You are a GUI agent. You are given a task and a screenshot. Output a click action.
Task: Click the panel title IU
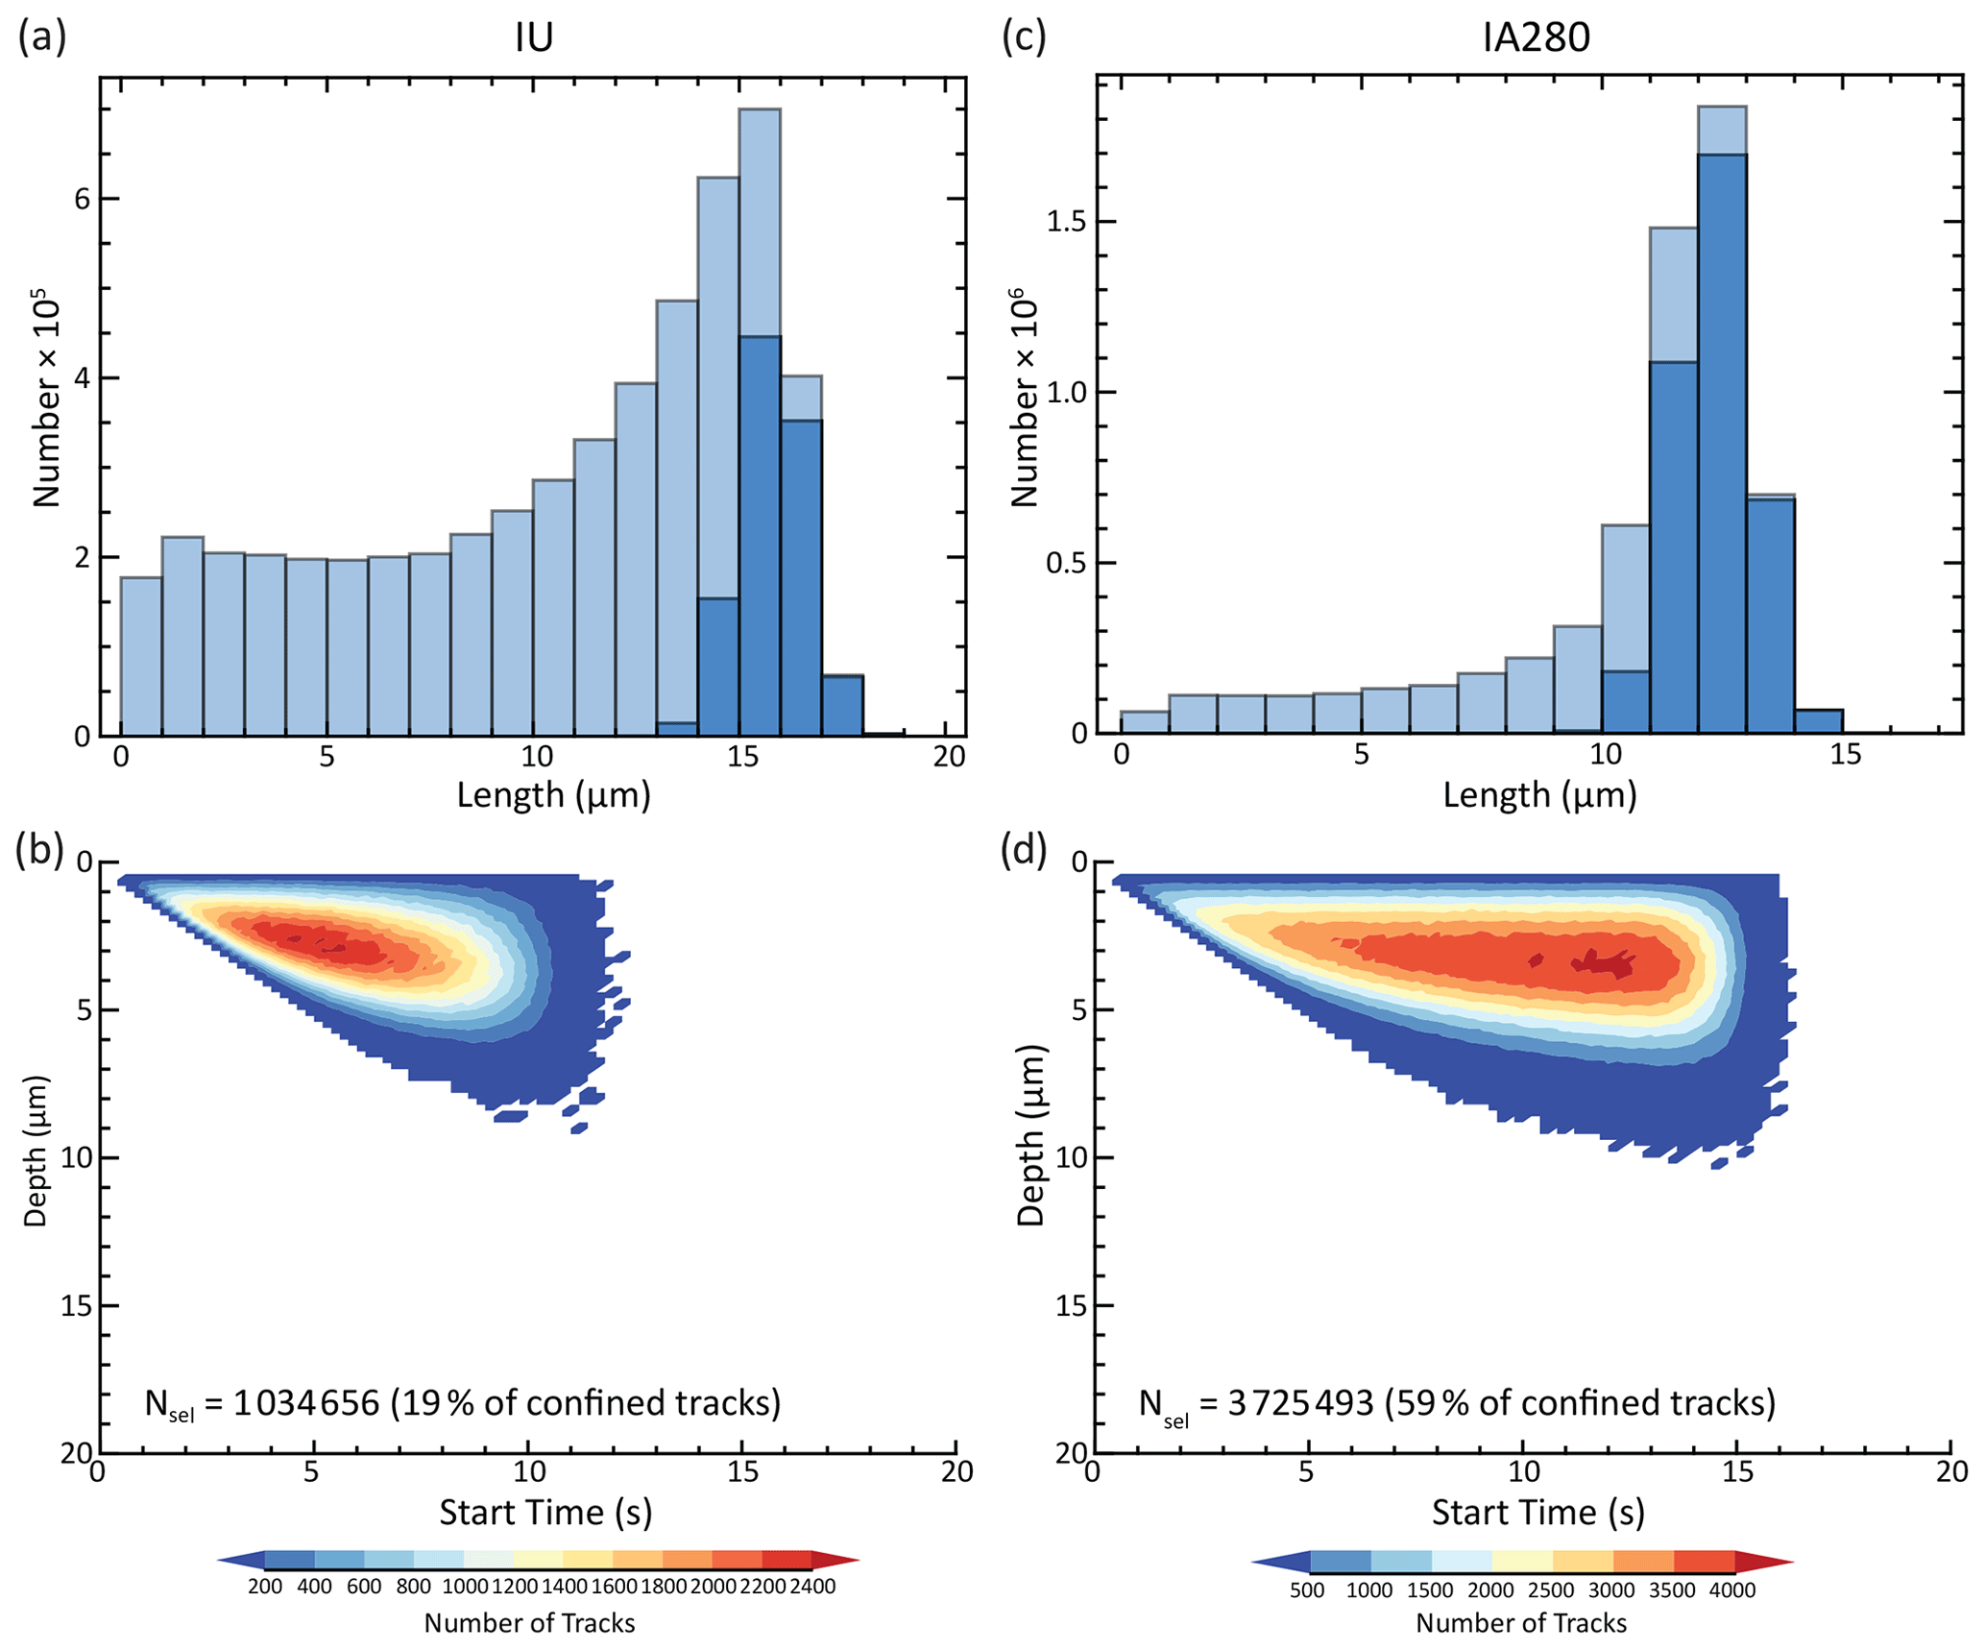[x=534, y=37]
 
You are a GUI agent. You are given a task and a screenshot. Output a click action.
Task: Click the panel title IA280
[x=1537, y=37]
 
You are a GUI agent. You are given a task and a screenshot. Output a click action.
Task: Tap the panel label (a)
[x=42, y=36]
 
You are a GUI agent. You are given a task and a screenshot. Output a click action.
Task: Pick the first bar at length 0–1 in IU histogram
[x=141, y=657]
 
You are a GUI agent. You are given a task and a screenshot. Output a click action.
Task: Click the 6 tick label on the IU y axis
[x=83, y=199]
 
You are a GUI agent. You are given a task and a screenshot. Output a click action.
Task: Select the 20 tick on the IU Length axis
[x=949, y=758]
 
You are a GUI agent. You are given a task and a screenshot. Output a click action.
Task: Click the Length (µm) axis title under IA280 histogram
[x=1539, y=795]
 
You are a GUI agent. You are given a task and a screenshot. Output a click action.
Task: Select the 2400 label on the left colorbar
[x=812, y=1588]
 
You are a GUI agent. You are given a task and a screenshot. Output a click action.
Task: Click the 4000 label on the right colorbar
[x=1732, y=1590]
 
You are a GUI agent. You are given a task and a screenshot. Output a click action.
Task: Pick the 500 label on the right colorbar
[x=1307, y=1590]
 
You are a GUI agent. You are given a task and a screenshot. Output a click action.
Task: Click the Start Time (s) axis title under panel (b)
[x=545, y=1513]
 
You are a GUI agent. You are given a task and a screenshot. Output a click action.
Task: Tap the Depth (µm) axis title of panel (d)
[x=1030, y=1135]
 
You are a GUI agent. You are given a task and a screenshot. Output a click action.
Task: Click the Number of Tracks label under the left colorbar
[x=529, y=1623]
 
